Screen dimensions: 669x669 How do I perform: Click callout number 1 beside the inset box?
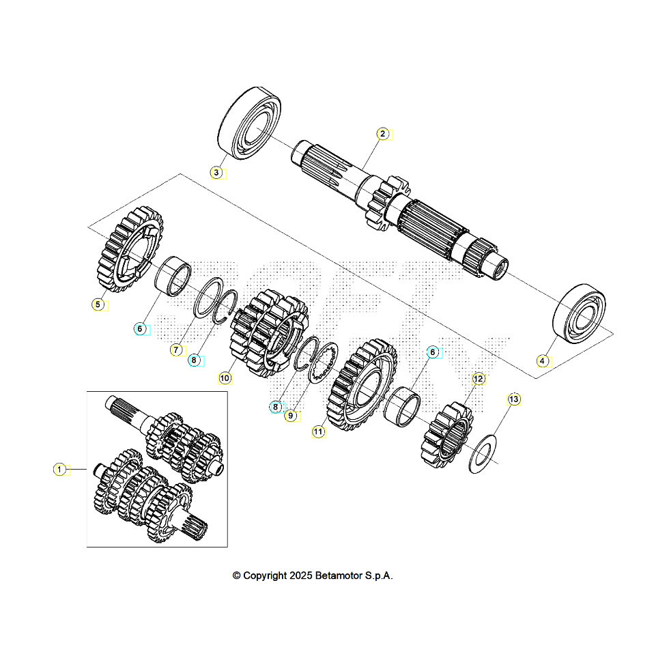point(60,469)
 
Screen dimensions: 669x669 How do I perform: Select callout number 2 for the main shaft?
point(383,134)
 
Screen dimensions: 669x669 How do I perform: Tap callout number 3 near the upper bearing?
point(216,173)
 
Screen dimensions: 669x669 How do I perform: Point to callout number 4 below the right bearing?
point(542,360)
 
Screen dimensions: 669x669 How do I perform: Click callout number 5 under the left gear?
point(98,304)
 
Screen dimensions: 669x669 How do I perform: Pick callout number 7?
point(175,350)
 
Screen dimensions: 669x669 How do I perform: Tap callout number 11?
point(318,431)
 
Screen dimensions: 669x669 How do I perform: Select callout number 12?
point(477,378)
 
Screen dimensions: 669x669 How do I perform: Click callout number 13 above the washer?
point(513,398)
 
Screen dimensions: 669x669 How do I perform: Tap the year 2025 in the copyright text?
point(301,575)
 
